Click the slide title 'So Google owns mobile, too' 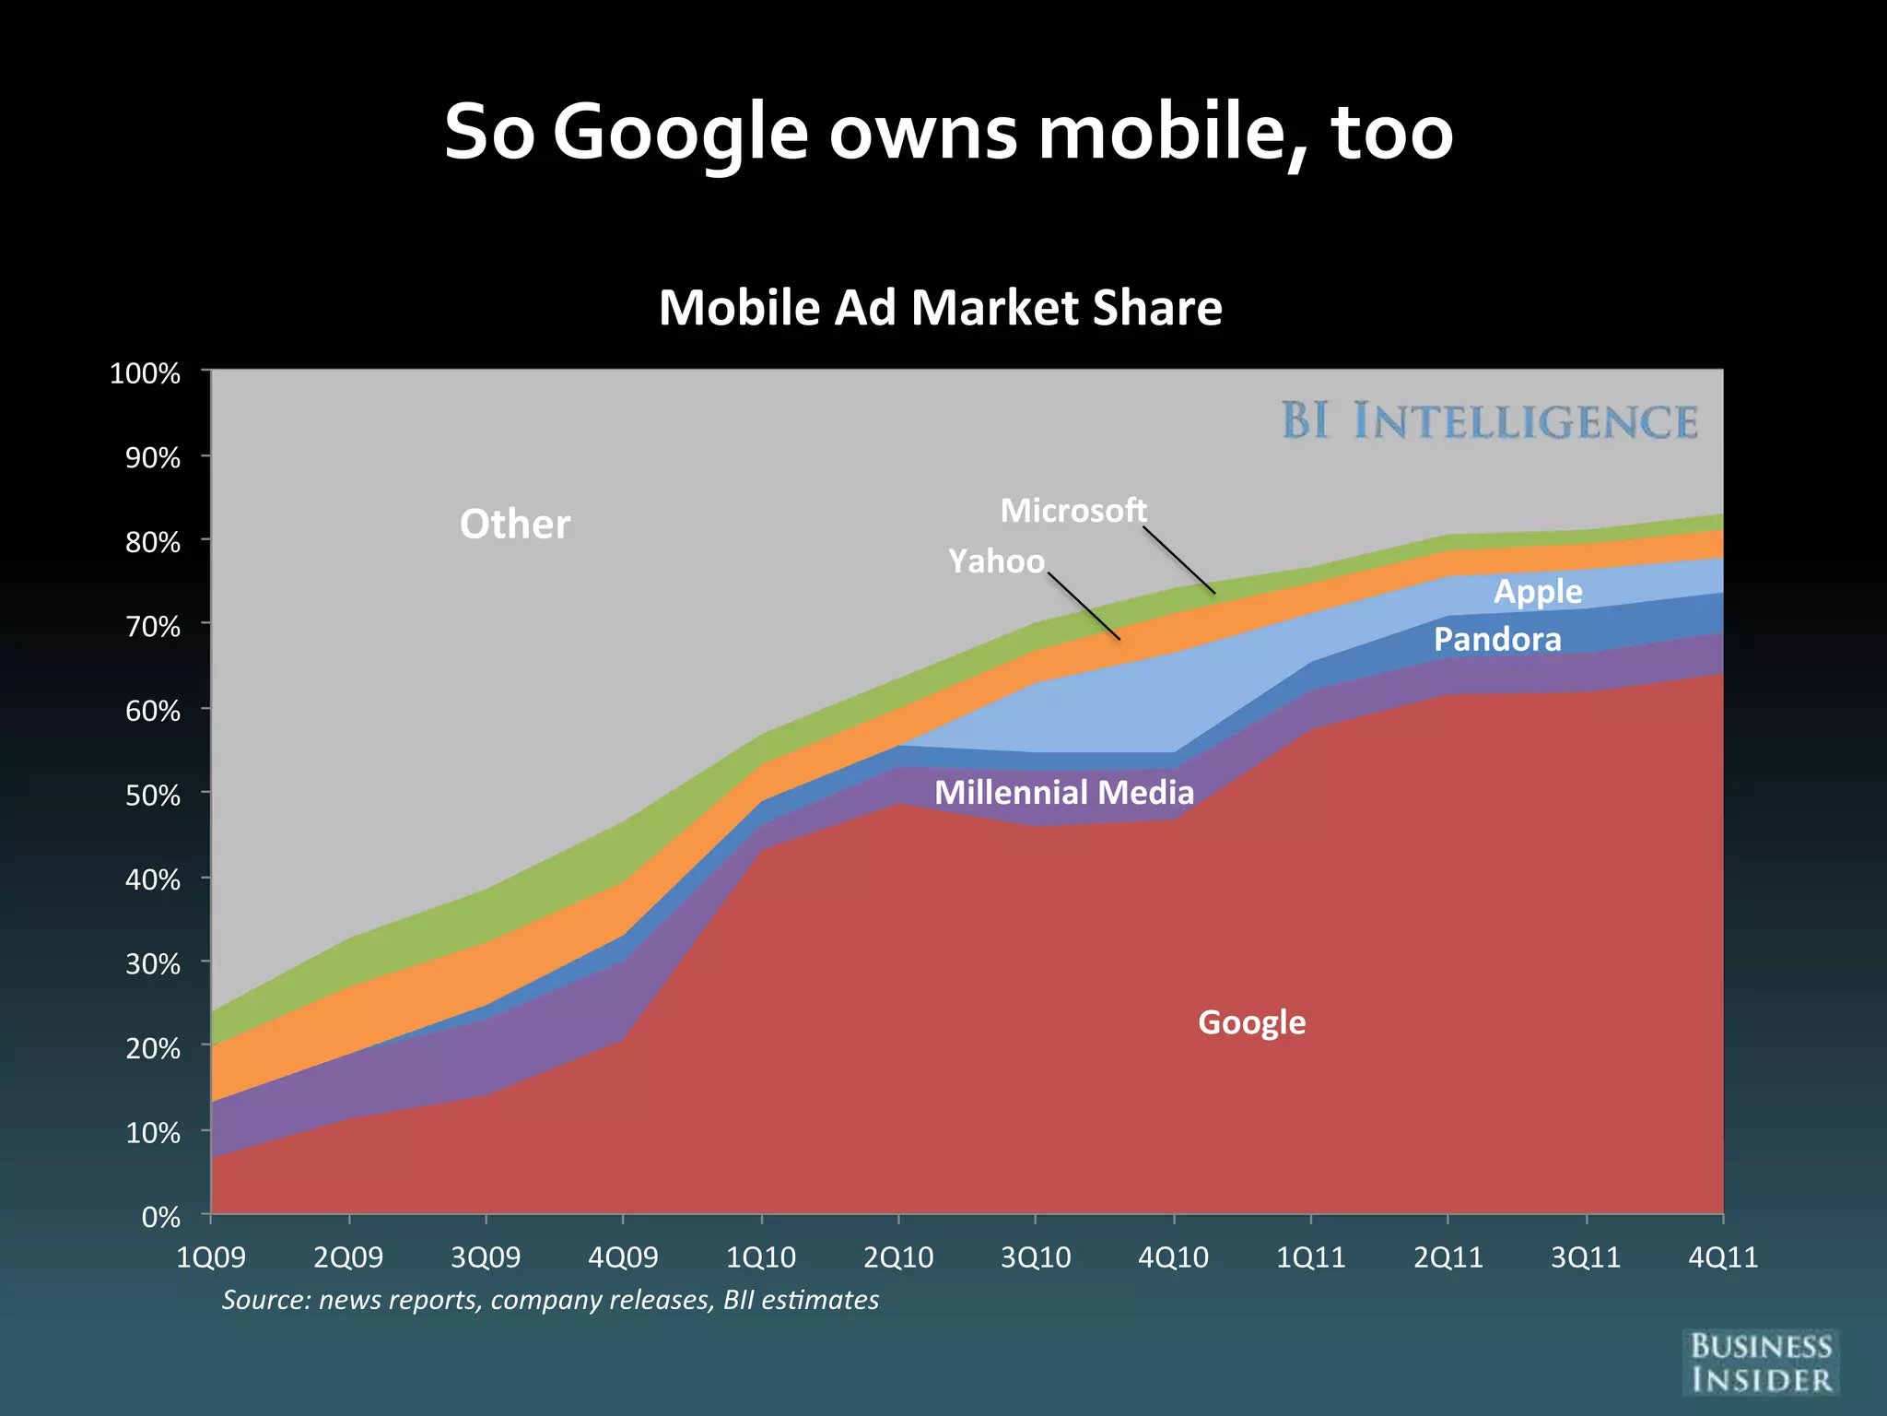coord(948,132)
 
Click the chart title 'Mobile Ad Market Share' coord(940,307)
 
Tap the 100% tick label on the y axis coord(145,373)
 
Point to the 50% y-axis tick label coord(153,795)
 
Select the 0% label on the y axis coord(161,1217)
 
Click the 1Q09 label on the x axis coord(211,1257)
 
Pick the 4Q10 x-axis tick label coord(1173,1257)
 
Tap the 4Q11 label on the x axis coord(1723,1257)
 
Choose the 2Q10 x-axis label coord(898,1257)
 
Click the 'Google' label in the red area coord(1251,1022)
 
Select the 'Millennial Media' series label coord(1064,792)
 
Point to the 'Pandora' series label coord(1497,639)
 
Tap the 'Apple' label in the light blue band coord(1538,591)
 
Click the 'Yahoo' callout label coord(996,560)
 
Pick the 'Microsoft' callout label coord(1073,510)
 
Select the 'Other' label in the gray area coord(515,524)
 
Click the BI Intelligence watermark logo coord(1489,421)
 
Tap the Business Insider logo coord(1761,1363)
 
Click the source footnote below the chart coord(550,1300)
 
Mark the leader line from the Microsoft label coord(1181,561)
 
